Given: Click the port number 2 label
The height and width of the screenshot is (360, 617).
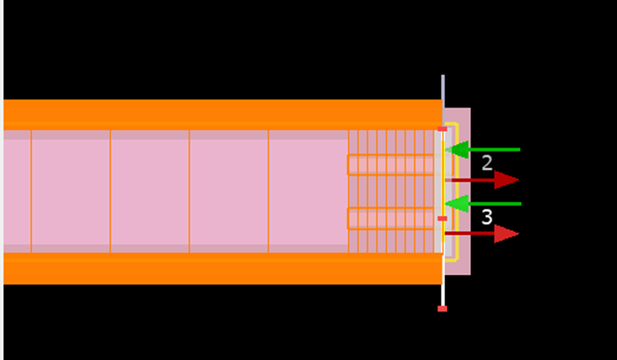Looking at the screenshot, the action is [487, 163].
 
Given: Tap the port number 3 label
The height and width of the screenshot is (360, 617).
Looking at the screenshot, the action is [487, 217].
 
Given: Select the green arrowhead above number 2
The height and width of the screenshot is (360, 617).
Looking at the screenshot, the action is [456, 149].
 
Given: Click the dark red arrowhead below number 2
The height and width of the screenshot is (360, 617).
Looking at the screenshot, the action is [507, 180].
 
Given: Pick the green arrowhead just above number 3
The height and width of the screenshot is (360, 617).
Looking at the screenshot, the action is [456, 204].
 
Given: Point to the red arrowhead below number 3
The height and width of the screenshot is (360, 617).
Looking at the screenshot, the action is [507, 234].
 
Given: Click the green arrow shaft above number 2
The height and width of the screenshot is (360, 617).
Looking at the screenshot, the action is [494, 149].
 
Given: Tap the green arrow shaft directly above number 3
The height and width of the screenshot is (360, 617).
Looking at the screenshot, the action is [495, 204].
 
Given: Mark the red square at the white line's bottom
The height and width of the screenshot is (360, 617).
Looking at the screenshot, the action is [443, 309].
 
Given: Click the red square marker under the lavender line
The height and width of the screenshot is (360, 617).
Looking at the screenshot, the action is [443, 128].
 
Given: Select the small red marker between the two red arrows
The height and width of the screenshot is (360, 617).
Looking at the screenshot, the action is [443, 218].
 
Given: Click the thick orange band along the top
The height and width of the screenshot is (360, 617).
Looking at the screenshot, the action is [223, 115].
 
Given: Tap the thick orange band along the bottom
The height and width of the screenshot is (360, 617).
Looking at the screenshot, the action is [223, 269].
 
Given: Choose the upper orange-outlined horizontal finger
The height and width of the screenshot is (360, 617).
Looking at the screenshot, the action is [400, 165].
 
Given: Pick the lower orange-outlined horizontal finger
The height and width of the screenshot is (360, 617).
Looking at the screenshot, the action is [400, 218].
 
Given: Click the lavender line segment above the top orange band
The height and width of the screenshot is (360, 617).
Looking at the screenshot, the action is [443, 87].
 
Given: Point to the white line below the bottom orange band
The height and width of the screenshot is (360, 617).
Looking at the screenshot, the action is [443, 295].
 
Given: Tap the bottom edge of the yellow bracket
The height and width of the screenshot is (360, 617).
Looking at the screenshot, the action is [452, 260].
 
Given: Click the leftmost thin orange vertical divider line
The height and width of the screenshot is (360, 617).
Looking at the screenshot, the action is [31, 191].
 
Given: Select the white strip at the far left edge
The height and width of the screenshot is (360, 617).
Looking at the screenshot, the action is [2, 180].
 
